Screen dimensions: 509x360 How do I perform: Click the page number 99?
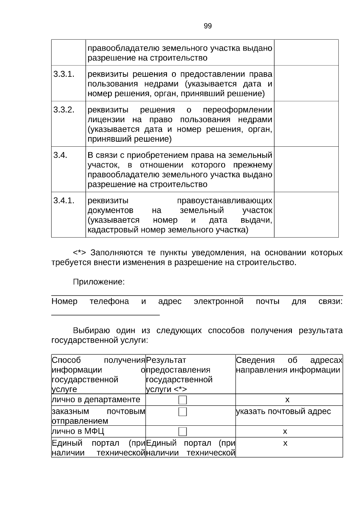(x=208, y=26)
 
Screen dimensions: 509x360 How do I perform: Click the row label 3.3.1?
(x=64, y=74)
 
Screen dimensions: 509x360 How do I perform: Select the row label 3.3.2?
(x=64, y=110)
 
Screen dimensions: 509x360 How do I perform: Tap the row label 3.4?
(x=60, y=155)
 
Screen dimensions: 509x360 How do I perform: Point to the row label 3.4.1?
(x=64, y=200)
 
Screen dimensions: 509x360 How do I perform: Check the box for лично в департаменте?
(x=182, y=400)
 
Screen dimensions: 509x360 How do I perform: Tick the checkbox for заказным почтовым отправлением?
(x=182, y=412)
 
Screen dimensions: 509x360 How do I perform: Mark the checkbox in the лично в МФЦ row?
(x=182, y=431)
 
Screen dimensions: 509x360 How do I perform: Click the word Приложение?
(x=99, y=282)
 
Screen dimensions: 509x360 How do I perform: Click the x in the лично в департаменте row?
(x=287, y=400)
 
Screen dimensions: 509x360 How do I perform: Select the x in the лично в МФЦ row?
(x=285, y=431)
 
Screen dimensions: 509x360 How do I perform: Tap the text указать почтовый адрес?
(x=283, y=411)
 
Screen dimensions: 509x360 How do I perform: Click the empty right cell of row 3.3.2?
(x=306, y=124)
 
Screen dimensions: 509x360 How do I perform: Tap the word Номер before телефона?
(x=64, y=301)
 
